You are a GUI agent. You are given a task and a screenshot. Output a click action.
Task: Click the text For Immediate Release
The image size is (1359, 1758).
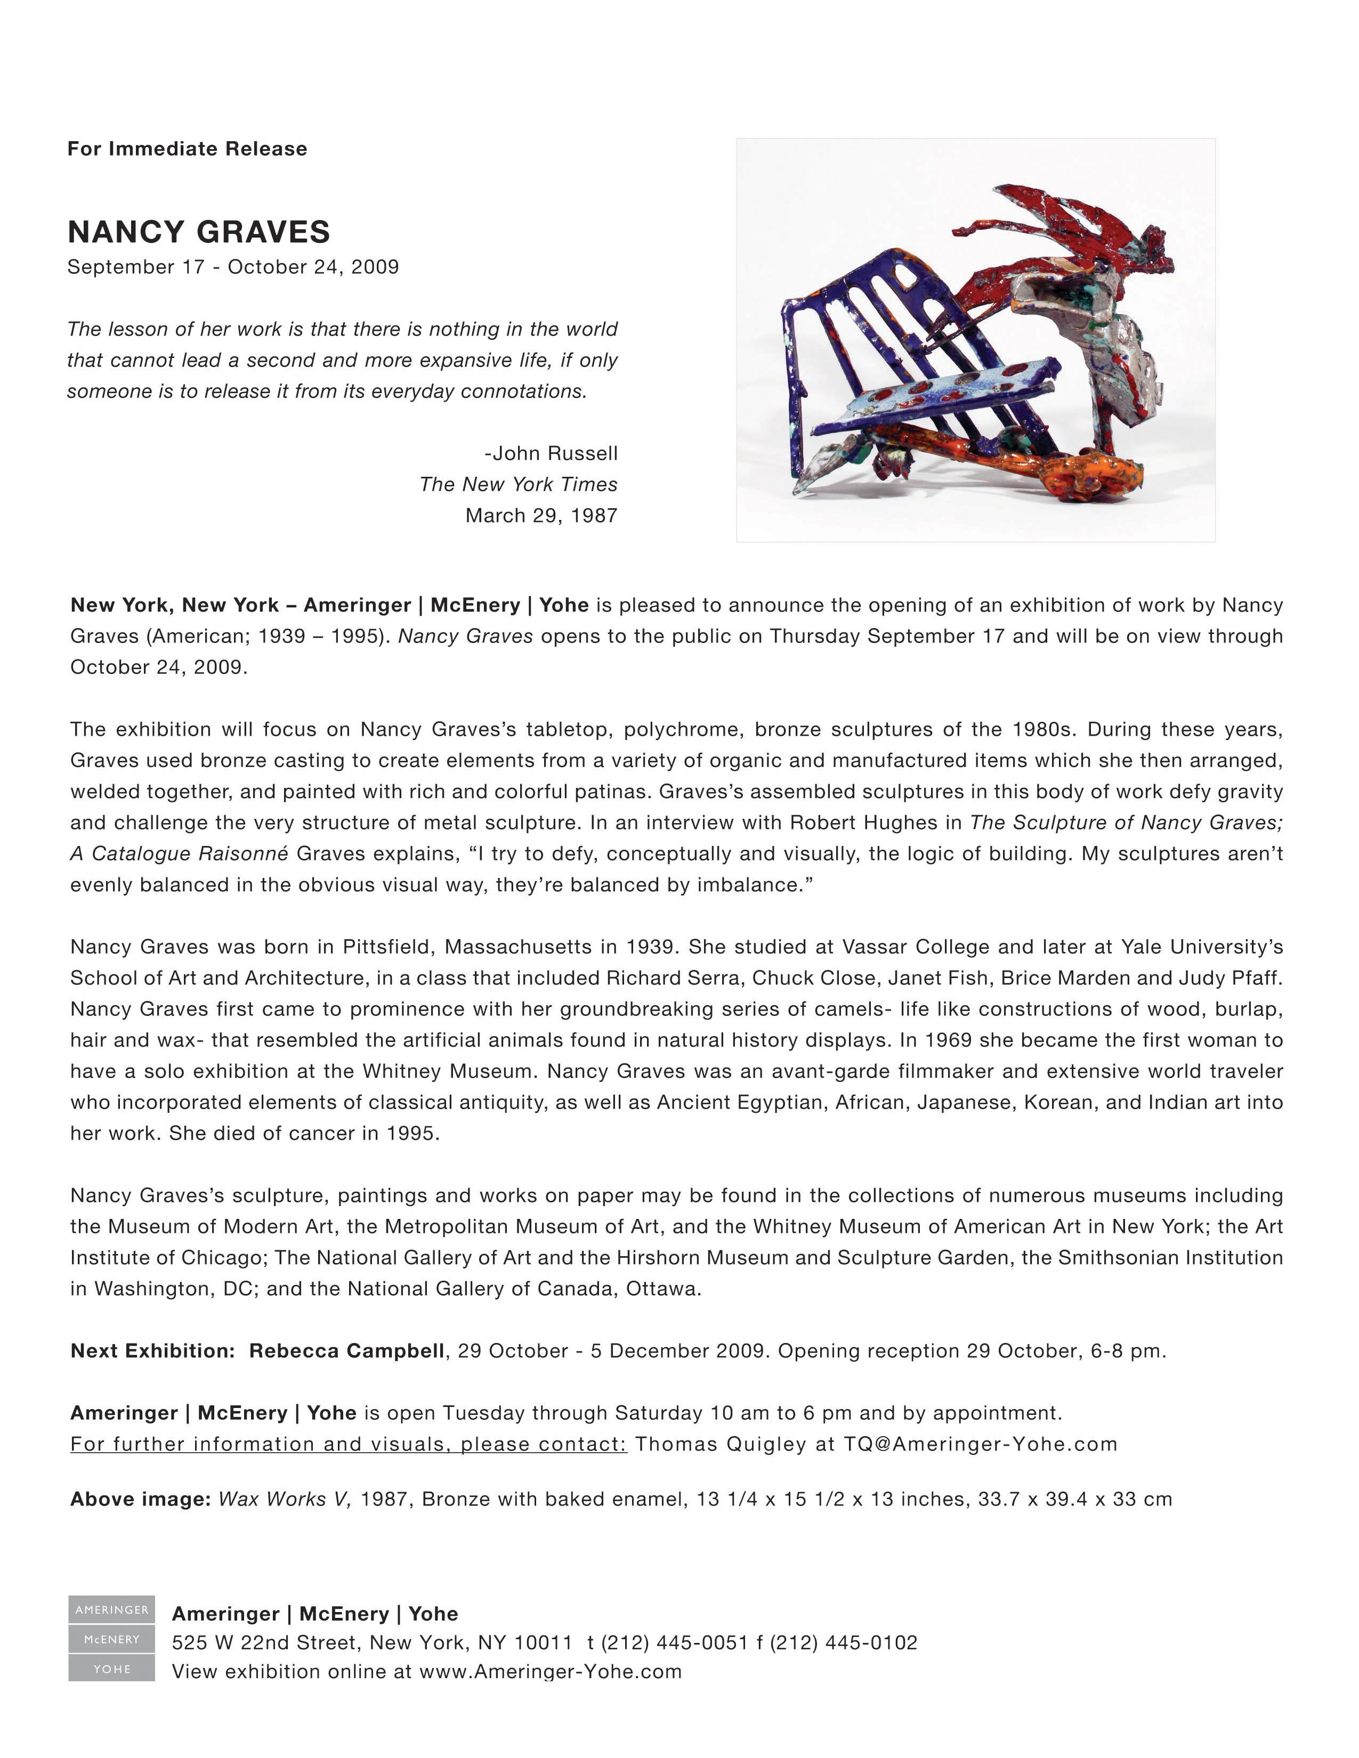point(187,149)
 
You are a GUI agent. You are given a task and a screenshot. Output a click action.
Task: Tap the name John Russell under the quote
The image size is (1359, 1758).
point(555,453)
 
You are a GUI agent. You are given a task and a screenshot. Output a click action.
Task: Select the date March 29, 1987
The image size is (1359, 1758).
point(541,515)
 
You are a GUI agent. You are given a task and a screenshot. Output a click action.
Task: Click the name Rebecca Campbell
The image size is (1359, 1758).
point(346,1350)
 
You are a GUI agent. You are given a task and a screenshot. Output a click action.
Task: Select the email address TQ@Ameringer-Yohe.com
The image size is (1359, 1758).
point(981,1444)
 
